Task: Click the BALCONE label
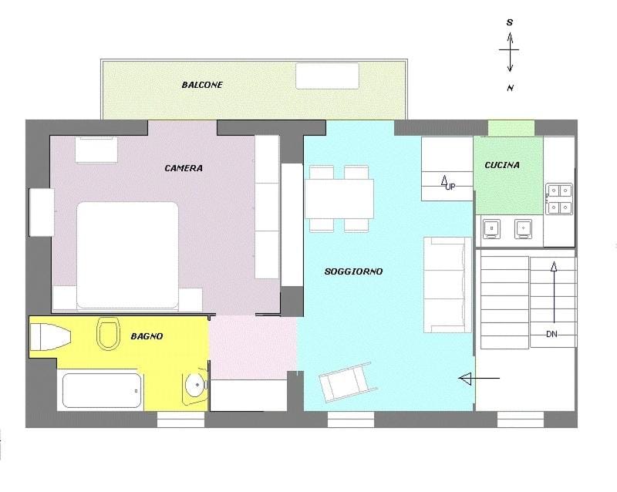[x=202, y=85]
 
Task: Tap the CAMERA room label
[x=184, y=168]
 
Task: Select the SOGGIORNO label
[x=353, y=271]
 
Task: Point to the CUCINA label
[x=502, y=165]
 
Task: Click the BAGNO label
[x=147, y=336]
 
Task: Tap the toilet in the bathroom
[x=108, y=333]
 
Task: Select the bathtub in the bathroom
[x=102, y=390]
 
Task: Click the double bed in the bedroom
[x=127, y=255]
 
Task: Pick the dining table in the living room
[x=339, y=199]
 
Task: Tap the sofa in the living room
[x=447, y=285]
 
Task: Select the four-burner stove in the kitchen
[x=559, y=199]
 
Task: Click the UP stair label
[x=450, y=187]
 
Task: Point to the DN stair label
[x=551, y=334]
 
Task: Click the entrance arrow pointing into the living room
[x=479, y=379]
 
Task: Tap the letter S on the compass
[x=510, y=22]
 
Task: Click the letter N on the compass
[x=510, y=88]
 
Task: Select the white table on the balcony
[x=327, y=76]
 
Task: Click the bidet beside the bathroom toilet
[x=51, y=337]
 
